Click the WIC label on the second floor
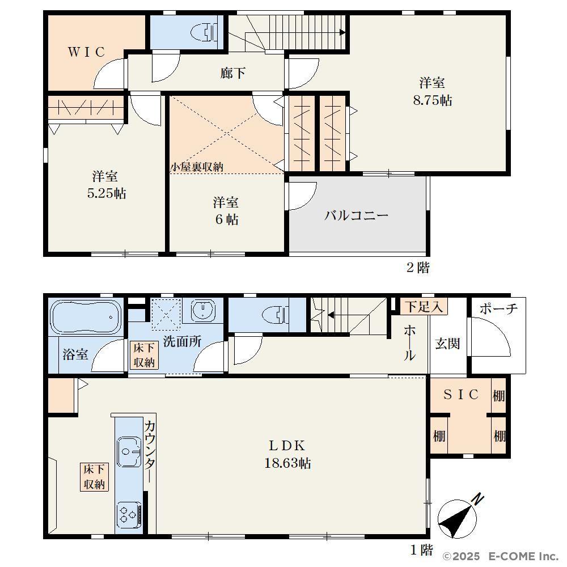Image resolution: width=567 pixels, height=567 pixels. pos(86,52)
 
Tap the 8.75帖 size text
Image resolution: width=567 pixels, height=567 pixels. pos(433,100)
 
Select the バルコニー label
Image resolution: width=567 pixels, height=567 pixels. pos(356,215)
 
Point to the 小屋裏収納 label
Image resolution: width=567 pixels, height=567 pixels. pos(197,167)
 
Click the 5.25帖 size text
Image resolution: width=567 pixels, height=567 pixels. pos(107,193)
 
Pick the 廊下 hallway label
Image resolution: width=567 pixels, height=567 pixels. pos(233,73)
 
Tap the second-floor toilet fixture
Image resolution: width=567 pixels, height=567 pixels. pos(204,32)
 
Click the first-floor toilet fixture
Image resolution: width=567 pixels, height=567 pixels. pos(276,314)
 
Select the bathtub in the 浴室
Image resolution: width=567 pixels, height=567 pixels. pos(86,317)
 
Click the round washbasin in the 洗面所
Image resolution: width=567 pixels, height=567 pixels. pos(203,310)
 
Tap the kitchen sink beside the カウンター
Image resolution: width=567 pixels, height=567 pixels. pos(129,452)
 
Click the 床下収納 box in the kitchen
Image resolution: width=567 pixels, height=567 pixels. pos(94,477)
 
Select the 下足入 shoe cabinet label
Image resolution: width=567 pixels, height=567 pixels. pos(424,307)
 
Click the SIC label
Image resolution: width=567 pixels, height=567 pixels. pos(461,395)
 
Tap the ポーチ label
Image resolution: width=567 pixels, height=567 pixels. pos(498,309)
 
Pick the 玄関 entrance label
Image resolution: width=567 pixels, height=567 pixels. pos(448,344)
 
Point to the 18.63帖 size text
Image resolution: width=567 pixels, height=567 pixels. pos(287,463)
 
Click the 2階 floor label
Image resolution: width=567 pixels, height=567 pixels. pos(418,268)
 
